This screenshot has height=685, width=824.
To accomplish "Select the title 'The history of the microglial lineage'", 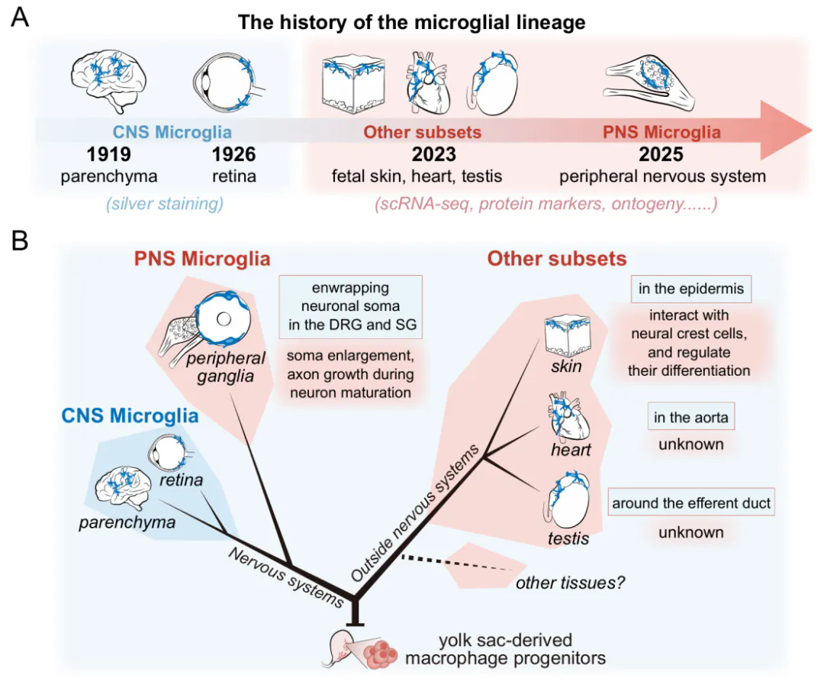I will point(412,21).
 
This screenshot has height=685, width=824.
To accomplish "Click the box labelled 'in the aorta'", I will point(690,417).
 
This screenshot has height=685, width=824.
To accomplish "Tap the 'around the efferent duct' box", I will point(691,503).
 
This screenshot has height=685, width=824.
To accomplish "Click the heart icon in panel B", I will point(568,418).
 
